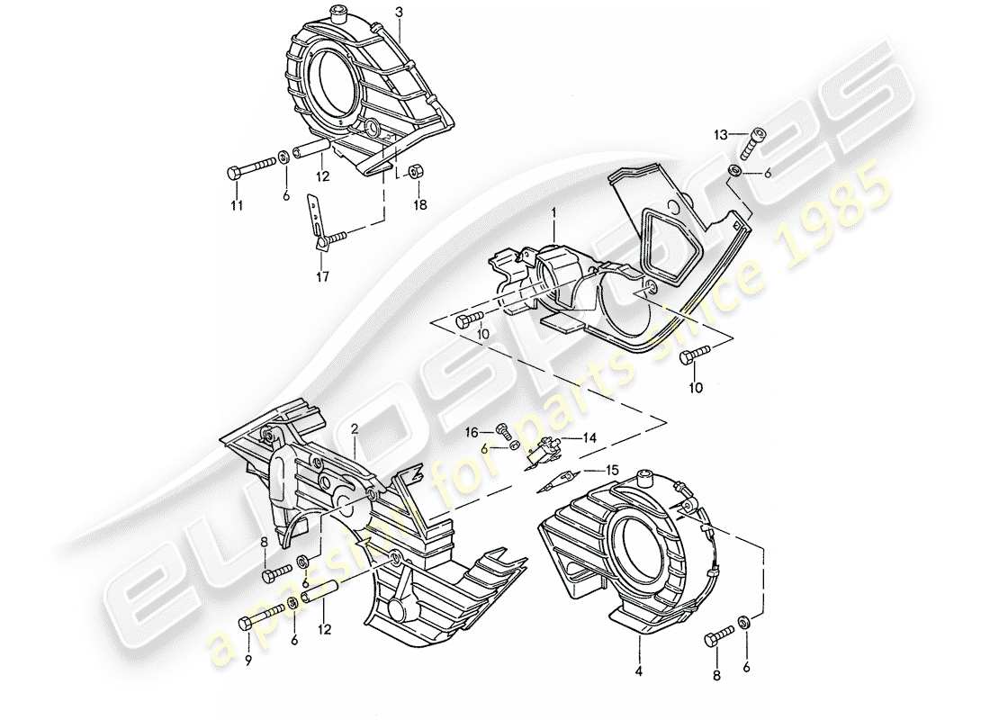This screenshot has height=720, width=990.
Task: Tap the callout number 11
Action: [x=237, y=204]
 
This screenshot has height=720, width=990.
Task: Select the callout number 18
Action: [x=419, y=204]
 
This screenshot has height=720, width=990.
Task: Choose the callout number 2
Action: [x=355, y=430]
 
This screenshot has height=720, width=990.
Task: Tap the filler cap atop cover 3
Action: [x=340, y=13]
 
